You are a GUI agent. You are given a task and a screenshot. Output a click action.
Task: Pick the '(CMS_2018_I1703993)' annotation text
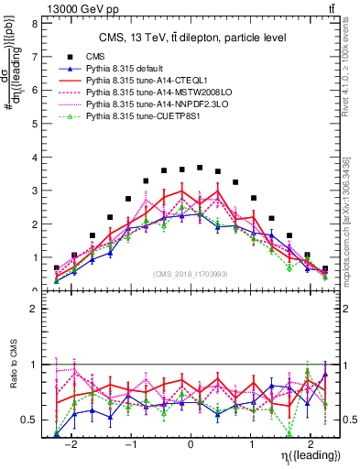pos(190,274)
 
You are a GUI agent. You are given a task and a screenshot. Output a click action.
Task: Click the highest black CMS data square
pos(200,168)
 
